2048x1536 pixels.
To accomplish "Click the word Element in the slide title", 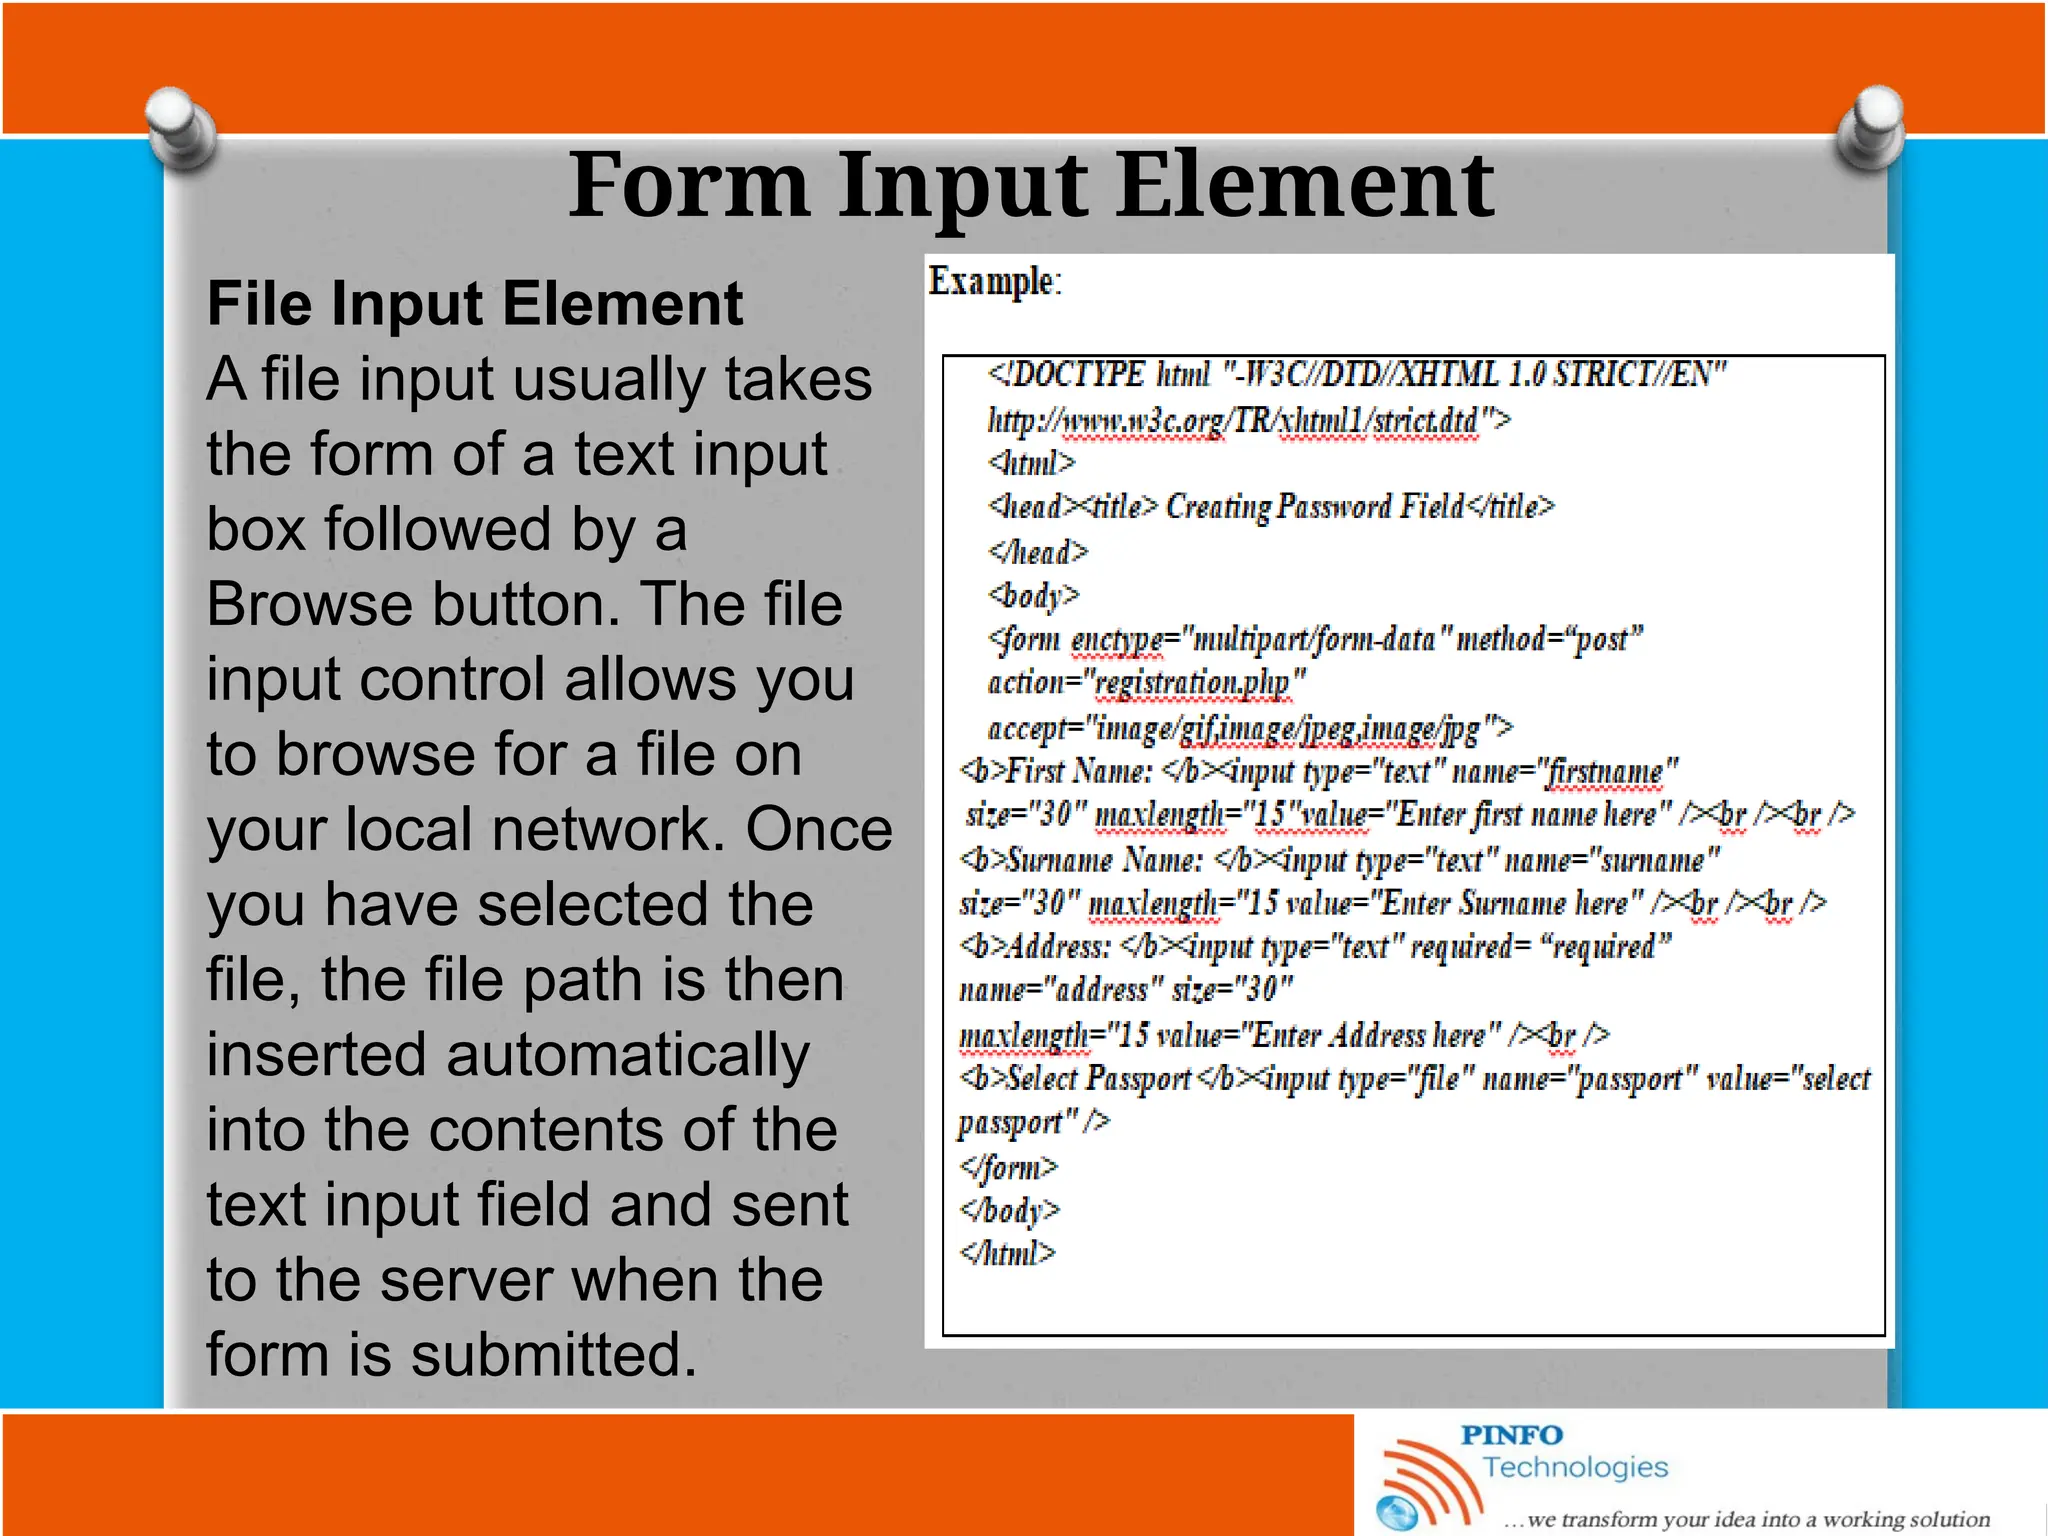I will click(1304, 186).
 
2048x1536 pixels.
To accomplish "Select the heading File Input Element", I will click(474, 304).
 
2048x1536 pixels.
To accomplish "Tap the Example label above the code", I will click(994, 282).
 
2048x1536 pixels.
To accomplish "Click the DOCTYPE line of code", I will click(1356, 375).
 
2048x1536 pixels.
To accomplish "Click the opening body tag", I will click(1034, 596).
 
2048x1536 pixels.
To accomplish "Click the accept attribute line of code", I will click(1249, 728).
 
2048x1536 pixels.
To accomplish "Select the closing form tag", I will click(1008, 1167).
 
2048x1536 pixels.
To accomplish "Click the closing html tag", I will click(1007, 1253).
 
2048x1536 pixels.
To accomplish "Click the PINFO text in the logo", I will click(1511, 1435).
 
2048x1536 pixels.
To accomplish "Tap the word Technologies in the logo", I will click(1575, 1467).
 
